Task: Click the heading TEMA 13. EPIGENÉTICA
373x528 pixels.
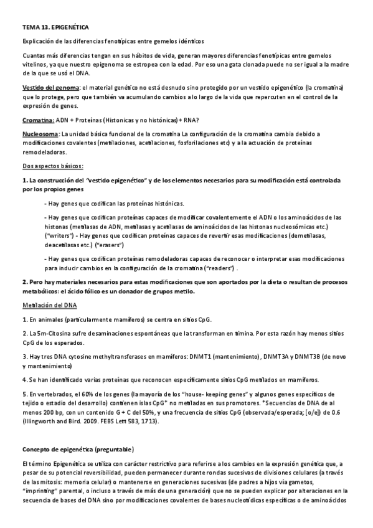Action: point(55,28)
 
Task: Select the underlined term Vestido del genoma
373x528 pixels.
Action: point(50,88)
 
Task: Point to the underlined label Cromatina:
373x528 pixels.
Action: point(38,121)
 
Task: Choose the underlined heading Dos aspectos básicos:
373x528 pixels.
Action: point(52,166)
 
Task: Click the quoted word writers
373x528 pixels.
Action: point(60,237)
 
